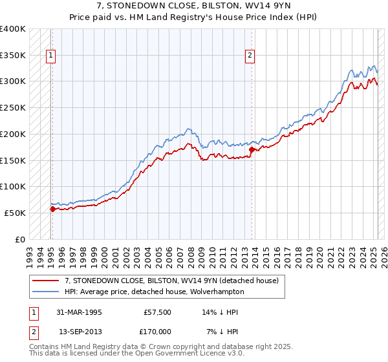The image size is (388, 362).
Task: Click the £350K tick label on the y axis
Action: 13,56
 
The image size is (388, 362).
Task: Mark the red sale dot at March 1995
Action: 52,208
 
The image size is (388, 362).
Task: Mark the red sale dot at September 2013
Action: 252,149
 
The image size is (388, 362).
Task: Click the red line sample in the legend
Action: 45,281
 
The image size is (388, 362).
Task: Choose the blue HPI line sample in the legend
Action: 45,292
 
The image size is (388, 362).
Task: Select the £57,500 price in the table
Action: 158,312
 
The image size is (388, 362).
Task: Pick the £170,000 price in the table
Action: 158,332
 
